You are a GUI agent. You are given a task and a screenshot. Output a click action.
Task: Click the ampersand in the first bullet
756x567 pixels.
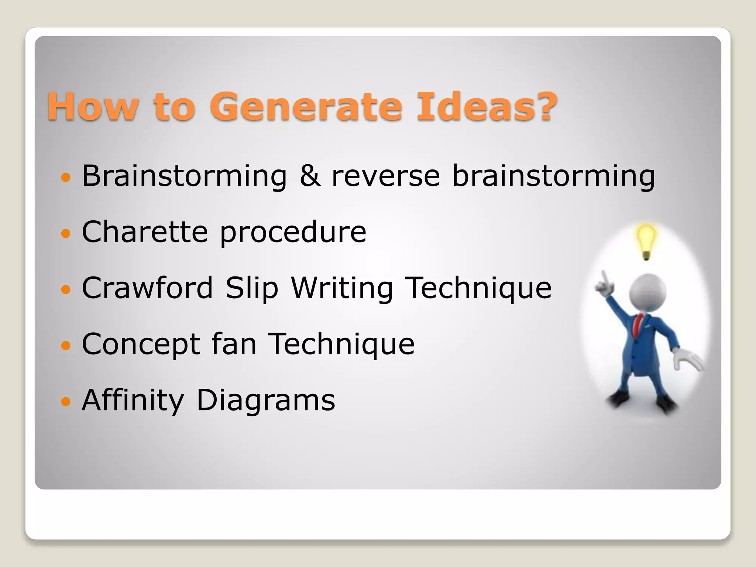(x=309, y=176)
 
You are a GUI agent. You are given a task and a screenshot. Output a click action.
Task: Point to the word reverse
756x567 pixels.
(x=386, y=176)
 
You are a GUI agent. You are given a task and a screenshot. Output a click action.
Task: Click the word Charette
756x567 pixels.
(x=145, y=232)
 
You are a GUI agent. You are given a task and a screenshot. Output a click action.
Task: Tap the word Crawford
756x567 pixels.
(x=147, y=288)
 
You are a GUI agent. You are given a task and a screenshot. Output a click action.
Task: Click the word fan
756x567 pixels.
(x=234, y=344)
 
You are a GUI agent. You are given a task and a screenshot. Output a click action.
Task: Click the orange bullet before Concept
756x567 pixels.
(x=66, y=346)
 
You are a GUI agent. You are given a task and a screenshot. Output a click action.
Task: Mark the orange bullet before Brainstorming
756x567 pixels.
(x=66, y=178)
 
